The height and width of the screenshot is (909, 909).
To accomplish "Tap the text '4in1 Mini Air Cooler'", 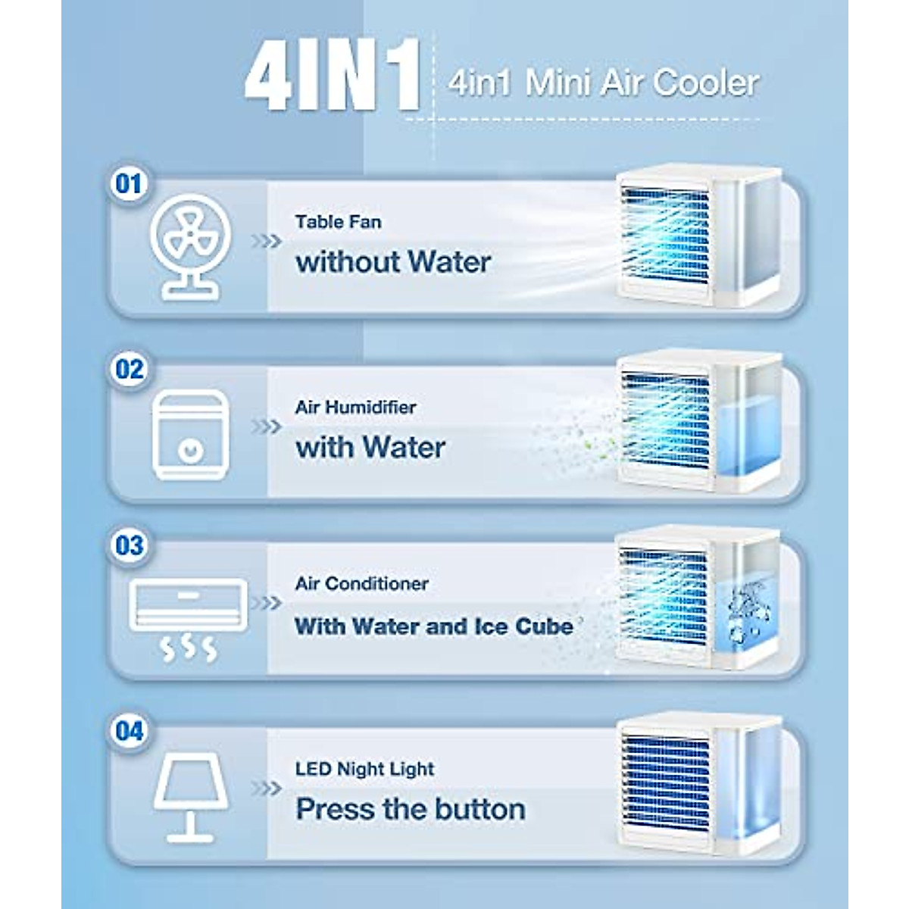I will (x=603, y=83).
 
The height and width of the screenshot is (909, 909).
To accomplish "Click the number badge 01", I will (x=129, y=184).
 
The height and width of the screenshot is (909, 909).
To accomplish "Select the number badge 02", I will (x=129, y=370).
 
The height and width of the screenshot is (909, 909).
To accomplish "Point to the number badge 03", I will (x=129, y=545).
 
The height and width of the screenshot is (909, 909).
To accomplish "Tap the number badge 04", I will (x=129, y=732).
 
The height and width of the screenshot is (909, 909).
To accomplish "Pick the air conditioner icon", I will (x=188, y=617).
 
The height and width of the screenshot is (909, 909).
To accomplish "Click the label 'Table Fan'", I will (x=338, y=222).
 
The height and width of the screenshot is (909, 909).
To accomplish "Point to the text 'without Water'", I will (x=393, y=262).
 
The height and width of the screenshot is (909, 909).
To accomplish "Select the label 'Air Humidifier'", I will (x=355, y=407).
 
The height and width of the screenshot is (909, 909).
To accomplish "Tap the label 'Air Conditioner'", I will (x=361, y=583).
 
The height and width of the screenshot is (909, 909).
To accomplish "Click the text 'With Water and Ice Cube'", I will (x=433, y=626).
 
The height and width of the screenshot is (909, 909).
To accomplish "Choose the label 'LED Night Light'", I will (x=364, y=769).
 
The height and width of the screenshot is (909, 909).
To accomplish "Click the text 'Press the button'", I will (x=411, y=809).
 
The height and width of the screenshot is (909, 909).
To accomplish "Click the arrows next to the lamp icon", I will (x=266, y=789).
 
